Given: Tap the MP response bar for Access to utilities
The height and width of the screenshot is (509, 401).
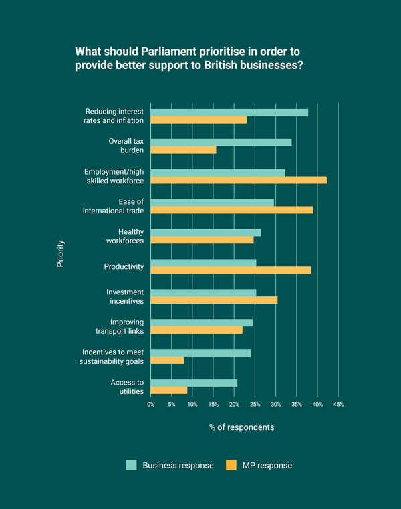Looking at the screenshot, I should tap(168, 390).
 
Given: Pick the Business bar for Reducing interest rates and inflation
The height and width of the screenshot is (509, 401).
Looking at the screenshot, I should tap(229, 112).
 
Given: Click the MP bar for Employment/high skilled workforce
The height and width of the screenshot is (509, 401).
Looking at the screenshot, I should tap(239, 180).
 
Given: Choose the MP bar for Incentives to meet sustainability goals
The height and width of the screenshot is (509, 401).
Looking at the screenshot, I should tap(167, 360).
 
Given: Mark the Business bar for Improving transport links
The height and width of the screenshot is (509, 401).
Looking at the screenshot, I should tap(201, 322).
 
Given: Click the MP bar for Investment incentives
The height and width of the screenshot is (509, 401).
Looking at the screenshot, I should tap(214, 300).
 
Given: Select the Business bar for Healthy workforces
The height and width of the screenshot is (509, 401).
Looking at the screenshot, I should tap(205, 233).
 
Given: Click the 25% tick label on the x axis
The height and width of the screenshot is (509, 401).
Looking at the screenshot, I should tap(255, 405).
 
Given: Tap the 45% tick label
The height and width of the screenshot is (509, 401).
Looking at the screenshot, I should tap(338, 405).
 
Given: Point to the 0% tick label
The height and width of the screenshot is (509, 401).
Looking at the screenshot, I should tap(151, 405).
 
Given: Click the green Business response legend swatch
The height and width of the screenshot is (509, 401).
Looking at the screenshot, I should tap(131, 465).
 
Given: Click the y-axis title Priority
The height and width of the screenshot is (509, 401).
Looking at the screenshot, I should tap(61, 253).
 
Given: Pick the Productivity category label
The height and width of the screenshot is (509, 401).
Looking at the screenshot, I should tap(124, 266).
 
